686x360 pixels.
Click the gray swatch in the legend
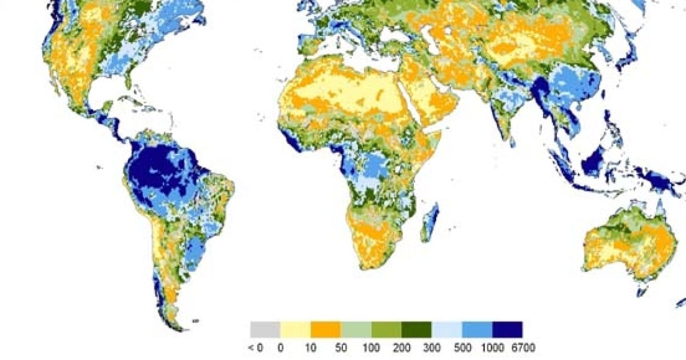(265, 329)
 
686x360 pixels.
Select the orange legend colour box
(326, 329)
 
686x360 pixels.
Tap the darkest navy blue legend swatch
(507, 329)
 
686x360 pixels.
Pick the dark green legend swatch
(416, 329)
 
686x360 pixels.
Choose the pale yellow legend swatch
(296, 329)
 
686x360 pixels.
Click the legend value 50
(341, 347)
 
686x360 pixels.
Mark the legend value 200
(401, 347)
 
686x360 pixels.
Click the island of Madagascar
(430, 223)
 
